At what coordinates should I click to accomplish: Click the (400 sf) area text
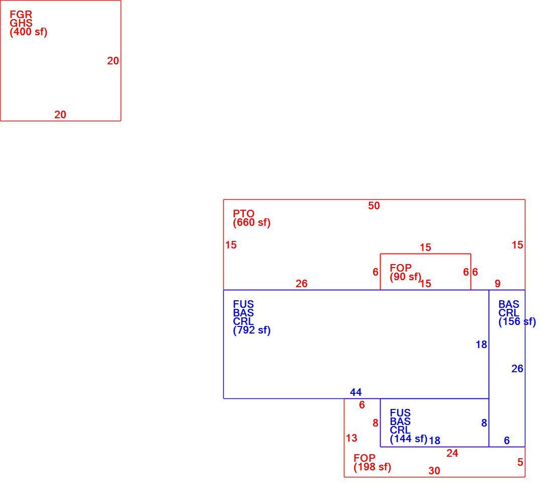click(x=29, y=32)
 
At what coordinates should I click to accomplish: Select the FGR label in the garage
click(x=21, y=15)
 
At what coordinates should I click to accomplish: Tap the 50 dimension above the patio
click(x=374, y=206)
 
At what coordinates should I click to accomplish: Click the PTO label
click(x=244, y=213)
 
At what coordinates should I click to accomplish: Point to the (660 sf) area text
click(x=252, y=222)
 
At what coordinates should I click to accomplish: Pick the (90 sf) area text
click(x=405, y=277)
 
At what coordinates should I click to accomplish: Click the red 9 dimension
click(x=498, y=284)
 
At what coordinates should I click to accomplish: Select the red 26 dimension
click(x=302, y=284)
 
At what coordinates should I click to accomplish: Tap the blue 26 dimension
click(x=517, y=369)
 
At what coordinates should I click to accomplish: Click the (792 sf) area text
click(x=252, y=330)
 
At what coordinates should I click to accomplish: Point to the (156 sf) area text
click(x=517, y=321)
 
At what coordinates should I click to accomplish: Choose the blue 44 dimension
click(x=355, y=392)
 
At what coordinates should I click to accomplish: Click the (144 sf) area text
click(x=409, y=439)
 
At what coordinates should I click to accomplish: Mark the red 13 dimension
click(x=351, y=438)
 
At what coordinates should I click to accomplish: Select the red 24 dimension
click(x=452, y=453)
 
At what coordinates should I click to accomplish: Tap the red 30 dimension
click(x=434, y=471)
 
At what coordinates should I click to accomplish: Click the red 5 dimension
click(x=520, y=462)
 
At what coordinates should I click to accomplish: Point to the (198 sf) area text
click(x=373, y=467)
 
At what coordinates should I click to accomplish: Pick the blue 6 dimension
click(x=507, y=441)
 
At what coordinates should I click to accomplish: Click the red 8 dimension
click(x=376, y=423)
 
